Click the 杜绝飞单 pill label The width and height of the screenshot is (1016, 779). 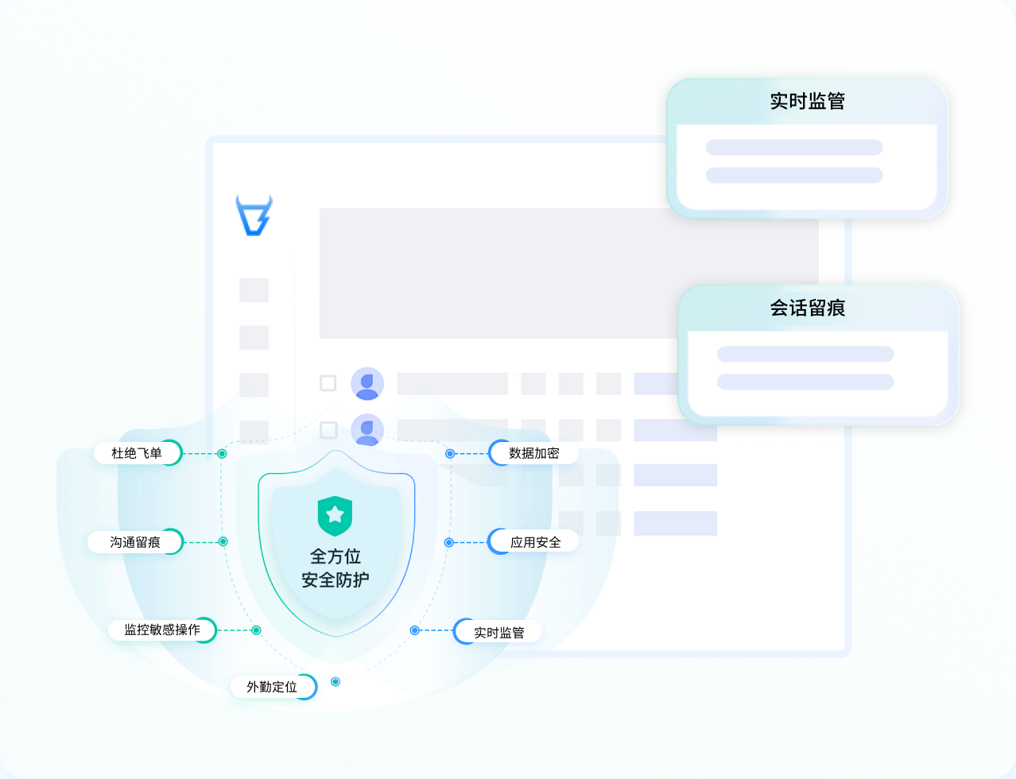point(137,453)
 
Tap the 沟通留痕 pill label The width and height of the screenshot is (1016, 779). point(135,542)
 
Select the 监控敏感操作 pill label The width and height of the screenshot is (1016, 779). point(162,630)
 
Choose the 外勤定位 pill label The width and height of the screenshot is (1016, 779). point(273,687)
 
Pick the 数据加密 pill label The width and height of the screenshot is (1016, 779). point(533,453)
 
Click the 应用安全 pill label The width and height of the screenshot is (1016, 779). point(535,542)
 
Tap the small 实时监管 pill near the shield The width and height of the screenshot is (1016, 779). point(498,633)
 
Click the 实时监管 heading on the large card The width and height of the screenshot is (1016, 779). point(807,102)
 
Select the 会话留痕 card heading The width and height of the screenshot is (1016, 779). point(807,308)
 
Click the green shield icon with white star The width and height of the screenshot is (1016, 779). point(335,516)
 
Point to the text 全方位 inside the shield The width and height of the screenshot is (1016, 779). point(335,556)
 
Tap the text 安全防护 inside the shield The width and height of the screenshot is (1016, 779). point(335,580)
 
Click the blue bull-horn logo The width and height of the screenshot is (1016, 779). point(254,215)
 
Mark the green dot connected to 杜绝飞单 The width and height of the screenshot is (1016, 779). point(223,454)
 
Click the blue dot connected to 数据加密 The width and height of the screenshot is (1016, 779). point(450,454)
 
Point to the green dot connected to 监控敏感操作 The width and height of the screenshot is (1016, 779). point(256,630)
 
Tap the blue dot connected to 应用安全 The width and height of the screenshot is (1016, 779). point(449,543)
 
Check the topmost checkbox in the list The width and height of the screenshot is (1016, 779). point(328,383)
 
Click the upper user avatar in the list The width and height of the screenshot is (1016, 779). point(367,384)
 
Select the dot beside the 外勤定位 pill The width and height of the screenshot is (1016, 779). point(335,682)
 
